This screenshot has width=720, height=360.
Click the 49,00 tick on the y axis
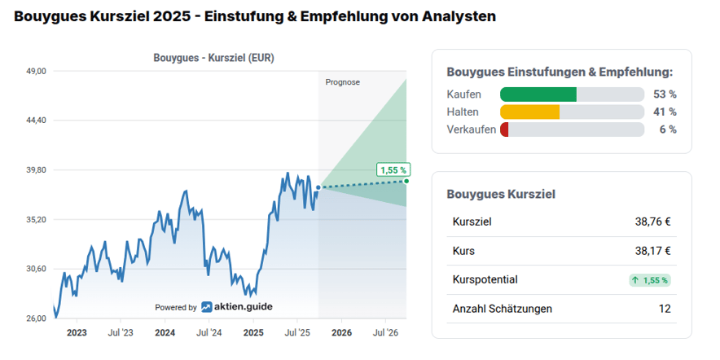click(37, 72)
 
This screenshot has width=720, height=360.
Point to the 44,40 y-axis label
click(37, 121)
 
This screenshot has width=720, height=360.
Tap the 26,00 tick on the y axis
click(37, 318)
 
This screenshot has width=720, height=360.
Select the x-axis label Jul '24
click(209, 332)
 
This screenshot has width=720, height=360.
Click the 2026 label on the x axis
click(341, 332)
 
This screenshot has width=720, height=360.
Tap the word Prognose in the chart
click(342, 82)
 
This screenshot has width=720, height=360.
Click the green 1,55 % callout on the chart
click(393, 169)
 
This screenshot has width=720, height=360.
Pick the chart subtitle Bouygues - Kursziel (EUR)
click(214, 58)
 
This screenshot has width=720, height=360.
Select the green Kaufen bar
click(538, 94)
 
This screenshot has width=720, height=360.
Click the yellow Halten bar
click(529, 112)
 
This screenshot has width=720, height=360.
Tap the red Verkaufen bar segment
click(504, 130)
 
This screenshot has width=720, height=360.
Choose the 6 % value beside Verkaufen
click(668, 130)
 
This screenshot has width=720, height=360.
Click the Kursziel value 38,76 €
click(653, 222)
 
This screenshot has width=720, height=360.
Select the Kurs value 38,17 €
click(653, 251)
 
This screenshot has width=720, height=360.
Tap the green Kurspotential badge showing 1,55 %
click(649, 280)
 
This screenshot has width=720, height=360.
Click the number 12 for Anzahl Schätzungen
click(665, 309)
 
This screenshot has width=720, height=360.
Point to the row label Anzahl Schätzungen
click(502, 309)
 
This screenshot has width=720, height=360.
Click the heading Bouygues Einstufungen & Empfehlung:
click(560, 72)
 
